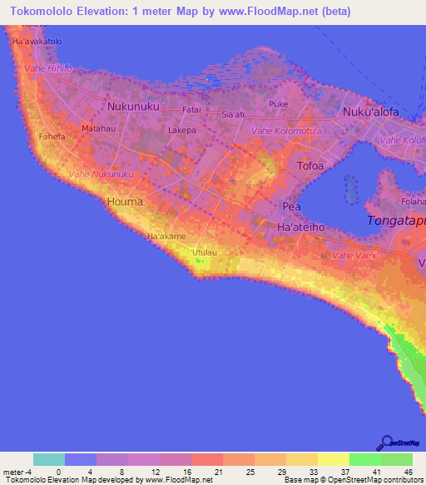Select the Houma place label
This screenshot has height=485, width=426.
pos(125,202)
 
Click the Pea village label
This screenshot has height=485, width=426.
pos(291,206)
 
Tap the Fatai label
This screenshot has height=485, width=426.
pos(192,109)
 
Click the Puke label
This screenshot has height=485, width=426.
pos(278,104)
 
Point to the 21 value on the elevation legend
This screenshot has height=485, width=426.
pos(206,471)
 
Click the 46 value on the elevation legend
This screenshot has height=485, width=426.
pos(407,471)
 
